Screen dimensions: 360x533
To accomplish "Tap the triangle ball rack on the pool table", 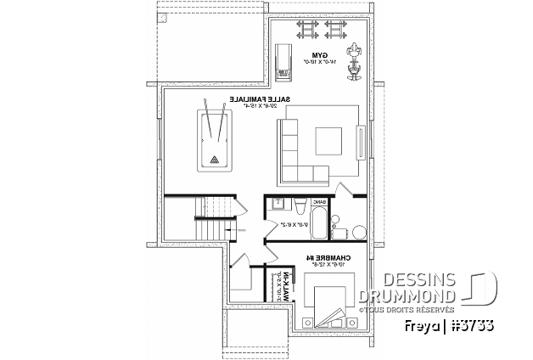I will (214, 158).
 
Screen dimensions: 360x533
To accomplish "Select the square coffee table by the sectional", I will (328, 140).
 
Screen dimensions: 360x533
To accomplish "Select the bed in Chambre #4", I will (327, 306).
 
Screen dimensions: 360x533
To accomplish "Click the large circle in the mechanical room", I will (360, 233).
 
